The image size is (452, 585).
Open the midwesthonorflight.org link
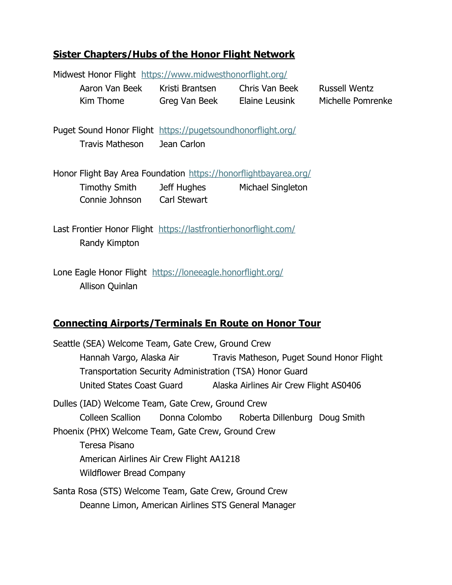coord(214,74)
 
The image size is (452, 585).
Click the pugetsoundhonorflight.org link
coord(227,130)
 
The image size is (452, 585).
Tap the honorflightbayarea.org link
coord(250,174)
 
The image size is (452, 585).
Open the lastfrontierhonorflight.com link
coord(227,229)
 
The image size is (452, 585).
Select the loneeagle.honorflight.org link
coord(217,272)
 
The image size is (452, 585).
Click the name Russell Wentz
coord(346,88)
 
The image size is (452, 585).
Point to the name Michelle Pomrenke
coord(355,101)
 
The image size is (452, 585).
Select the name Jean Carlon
coord(182,144)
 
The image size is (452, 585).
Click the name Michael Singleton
coord(273,187)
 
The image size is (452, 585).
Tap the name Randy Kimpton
coord(109,243)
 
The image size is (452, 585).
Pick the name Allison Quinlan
coord(108,286)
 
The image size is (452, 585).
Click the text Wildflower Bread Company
coord(132,473)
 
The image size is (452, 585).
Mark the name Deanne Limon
coord(109,505)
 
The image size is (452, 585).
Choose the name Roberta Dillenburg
coord(275,417)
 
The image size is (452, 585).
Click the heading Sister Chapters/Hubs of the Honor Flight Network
coord(174,54)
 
